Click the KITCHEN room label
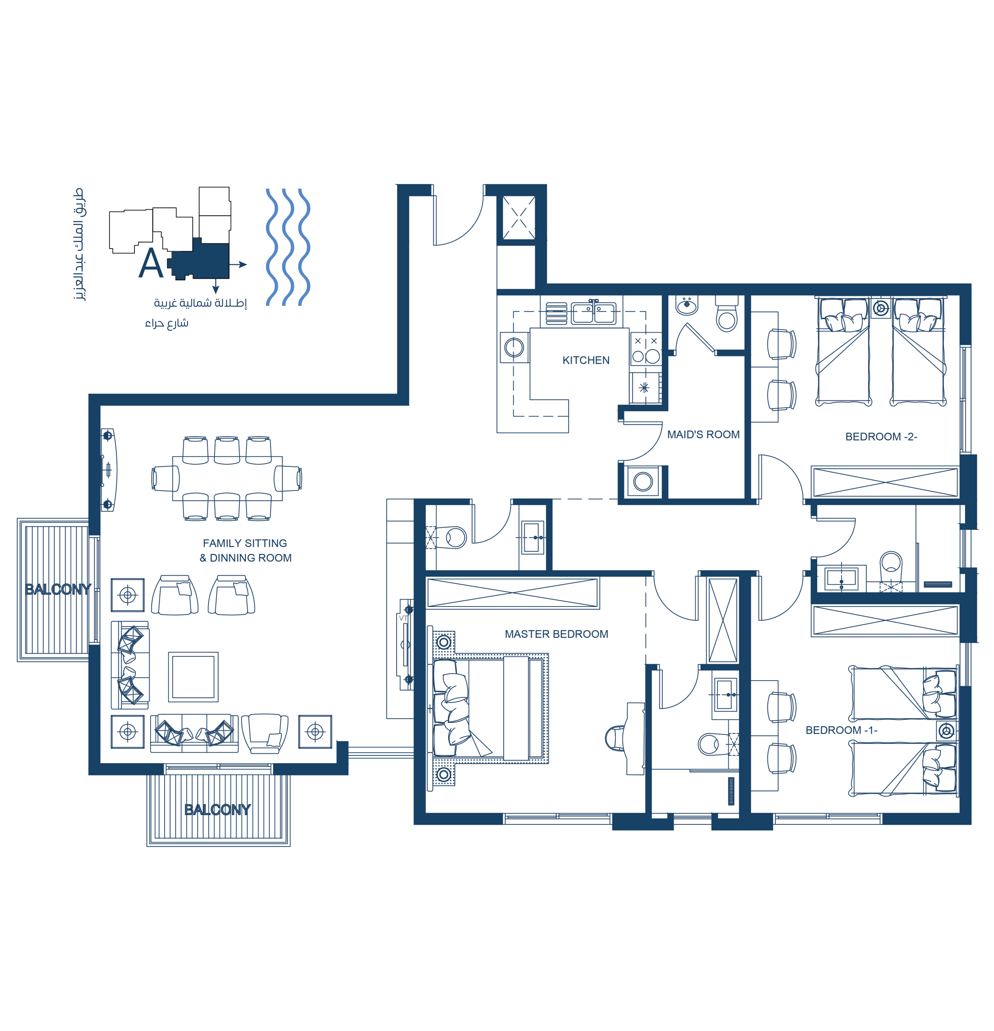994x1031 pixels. (586, 360)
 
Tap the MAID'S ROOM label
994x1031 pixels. (703, 435)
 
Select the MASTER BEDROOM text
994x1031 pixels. (556, 634)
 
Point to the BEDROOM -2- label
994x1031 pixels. (881, 437)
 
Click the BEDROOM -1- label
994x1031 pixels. (841, 730)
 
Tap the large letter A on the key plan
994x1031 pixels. (151, 263)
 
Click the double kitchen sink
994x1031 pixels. (594, 313)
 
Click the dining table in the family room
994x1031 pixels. (227, 478)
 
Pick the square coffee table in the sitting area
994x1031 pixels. (193, 677)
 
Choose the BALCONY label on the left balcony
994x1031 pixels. (58, 589)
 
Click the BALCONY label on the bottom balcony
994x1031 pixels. (217, 809)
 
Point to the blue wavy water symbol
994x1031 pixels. (288, 247)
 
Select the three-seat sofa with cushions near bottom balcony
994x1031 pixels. (194, 733)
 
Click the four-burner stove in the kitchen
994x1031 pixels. (646, 349)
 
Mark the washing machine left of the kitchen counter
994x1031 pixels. (514, 347)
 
